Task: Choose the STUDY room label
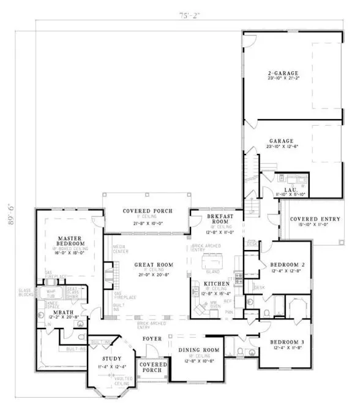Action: coord(111,359)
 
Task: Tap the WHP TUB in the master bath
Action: coord(51,292)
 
